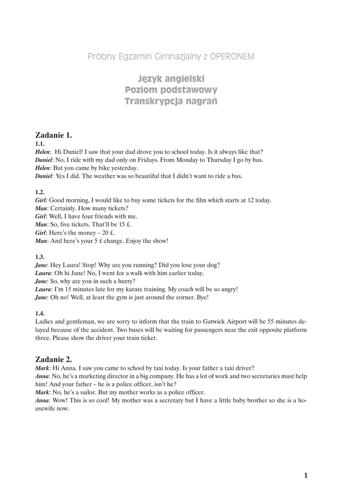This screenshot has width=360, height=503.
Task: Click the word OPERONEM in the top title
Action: [x=232, y=56]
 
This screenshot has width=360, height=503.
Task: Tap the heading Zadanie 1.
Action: [x=54, y=135]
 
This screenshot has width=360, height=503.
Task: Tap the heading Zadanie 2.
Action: [x=54, y=359]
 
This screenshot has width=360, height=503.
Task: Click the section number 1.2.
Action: [x=40, y=193]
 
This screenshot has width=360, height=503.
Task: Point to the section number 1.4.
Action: [x=40, y=313]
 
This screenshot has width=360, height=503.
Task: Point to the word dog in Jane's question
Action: [x=213, y=265]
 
